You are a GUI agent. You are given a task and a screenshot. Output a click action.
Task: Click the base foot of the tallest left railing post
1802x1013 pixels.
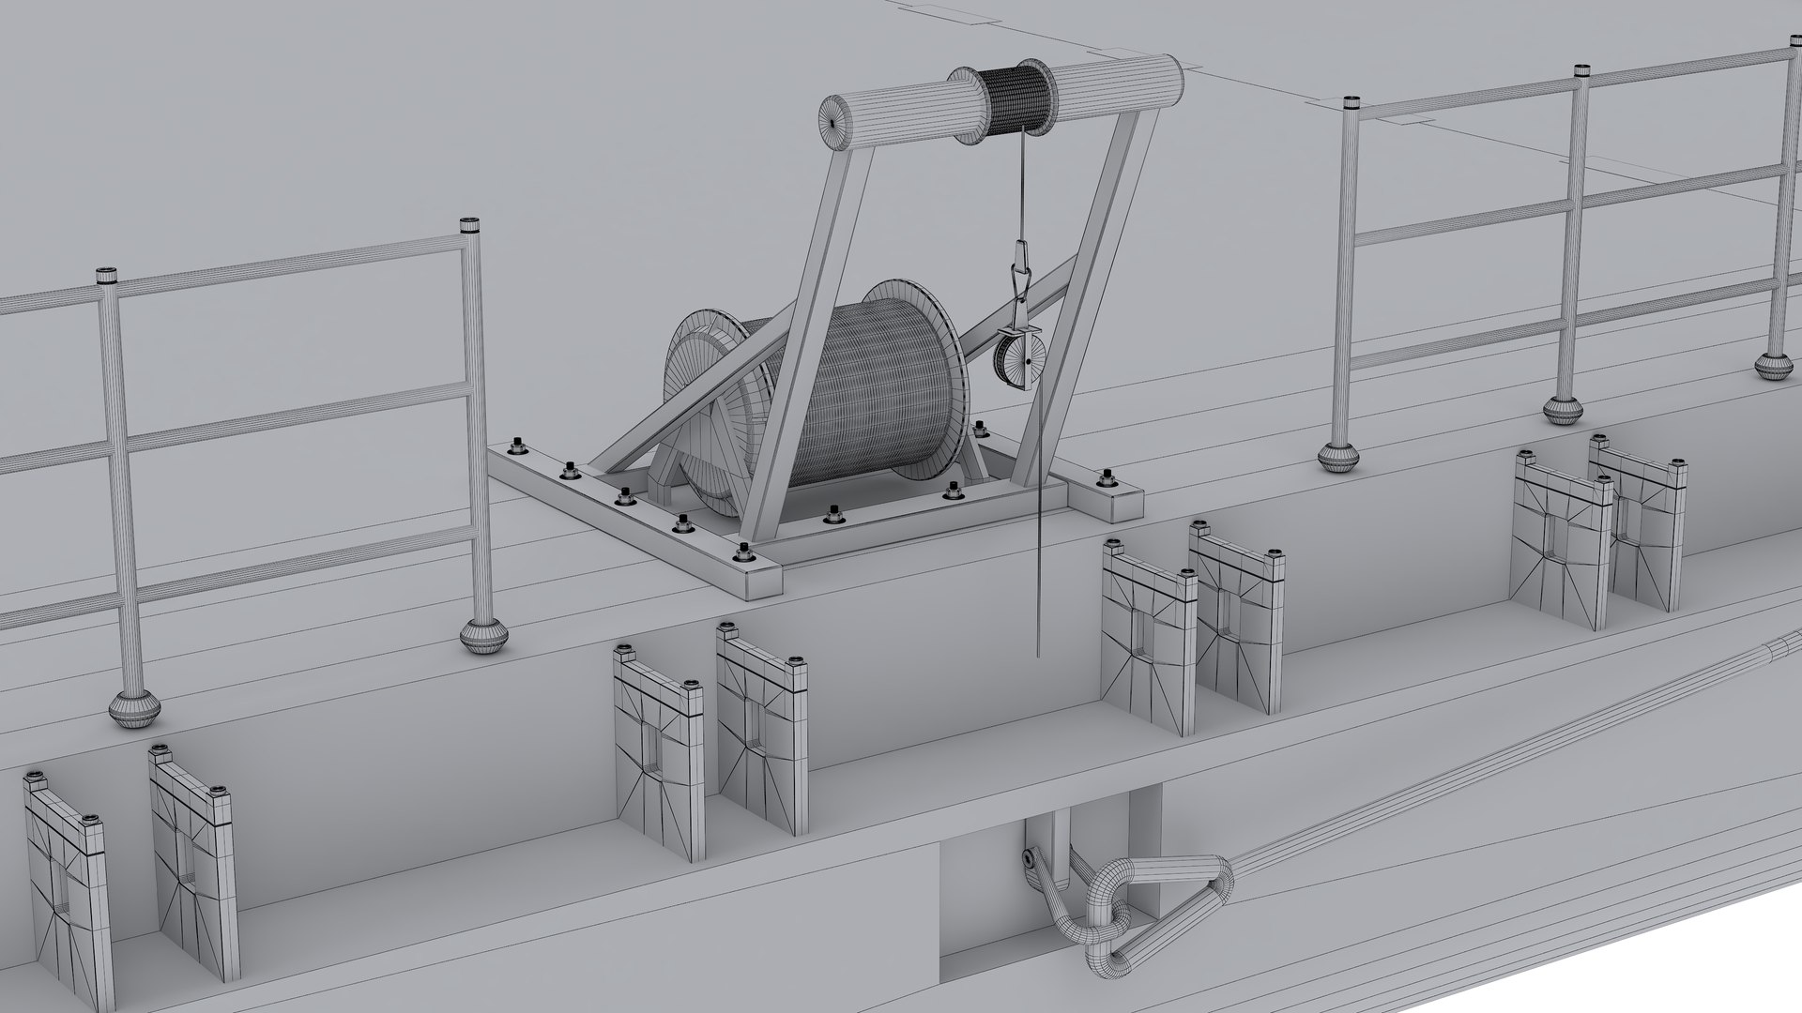pyautogui.click(x=485, y=636)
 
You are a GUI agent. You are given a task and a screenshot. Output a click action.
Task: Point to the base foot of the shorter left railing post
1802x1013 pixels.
pyautogui.click(x=131, y=708)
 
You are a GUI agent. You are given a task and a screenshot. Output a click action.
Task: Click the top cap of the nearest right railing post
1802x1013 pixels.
pyautogui.click(x=1351, y=102)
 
